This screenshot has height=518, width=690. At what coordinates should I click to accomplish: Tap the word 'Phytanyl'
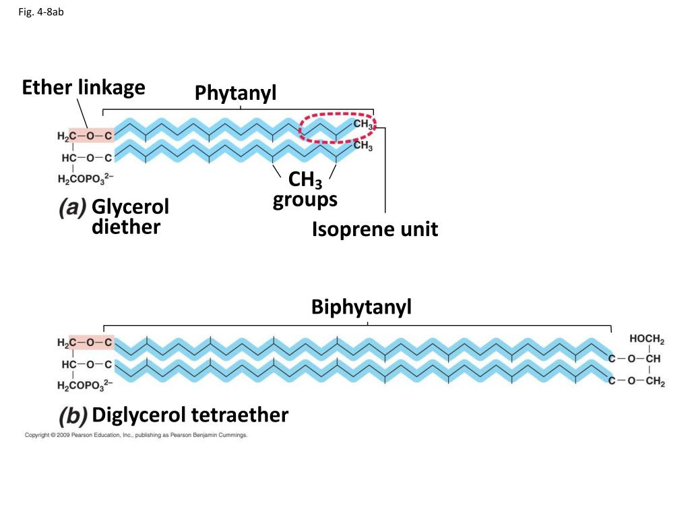[x=236, y=94]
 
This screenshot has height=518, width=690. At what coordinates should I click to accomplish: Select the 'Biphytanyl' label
[x=361, y=308]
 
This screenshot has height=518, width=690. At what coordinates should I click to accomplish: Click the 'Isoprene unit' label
[x=375, y=229]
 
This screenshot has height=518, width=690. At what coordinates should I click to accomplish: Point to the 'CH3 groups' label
[x=305, y=190]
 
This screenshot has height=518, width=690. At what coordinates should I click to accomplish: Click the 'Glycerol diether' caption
[x=130, y=216]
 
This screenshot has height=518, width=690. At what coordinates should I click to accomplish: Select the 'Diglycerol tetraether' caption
[x=190, y=415]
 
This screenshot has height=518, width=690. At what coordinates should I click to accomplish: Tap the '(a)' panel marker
[x=71, y=208]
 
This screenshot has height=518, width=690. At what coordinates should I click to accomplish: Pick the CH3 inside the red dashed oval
[x=363, y=125]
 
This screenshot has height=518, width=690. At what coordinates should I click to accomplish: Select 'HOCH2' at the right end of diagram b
[x=646, y=339]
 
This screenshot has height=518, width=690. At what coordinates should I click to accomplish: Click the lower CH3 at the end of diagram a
[x=363, y=145]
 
